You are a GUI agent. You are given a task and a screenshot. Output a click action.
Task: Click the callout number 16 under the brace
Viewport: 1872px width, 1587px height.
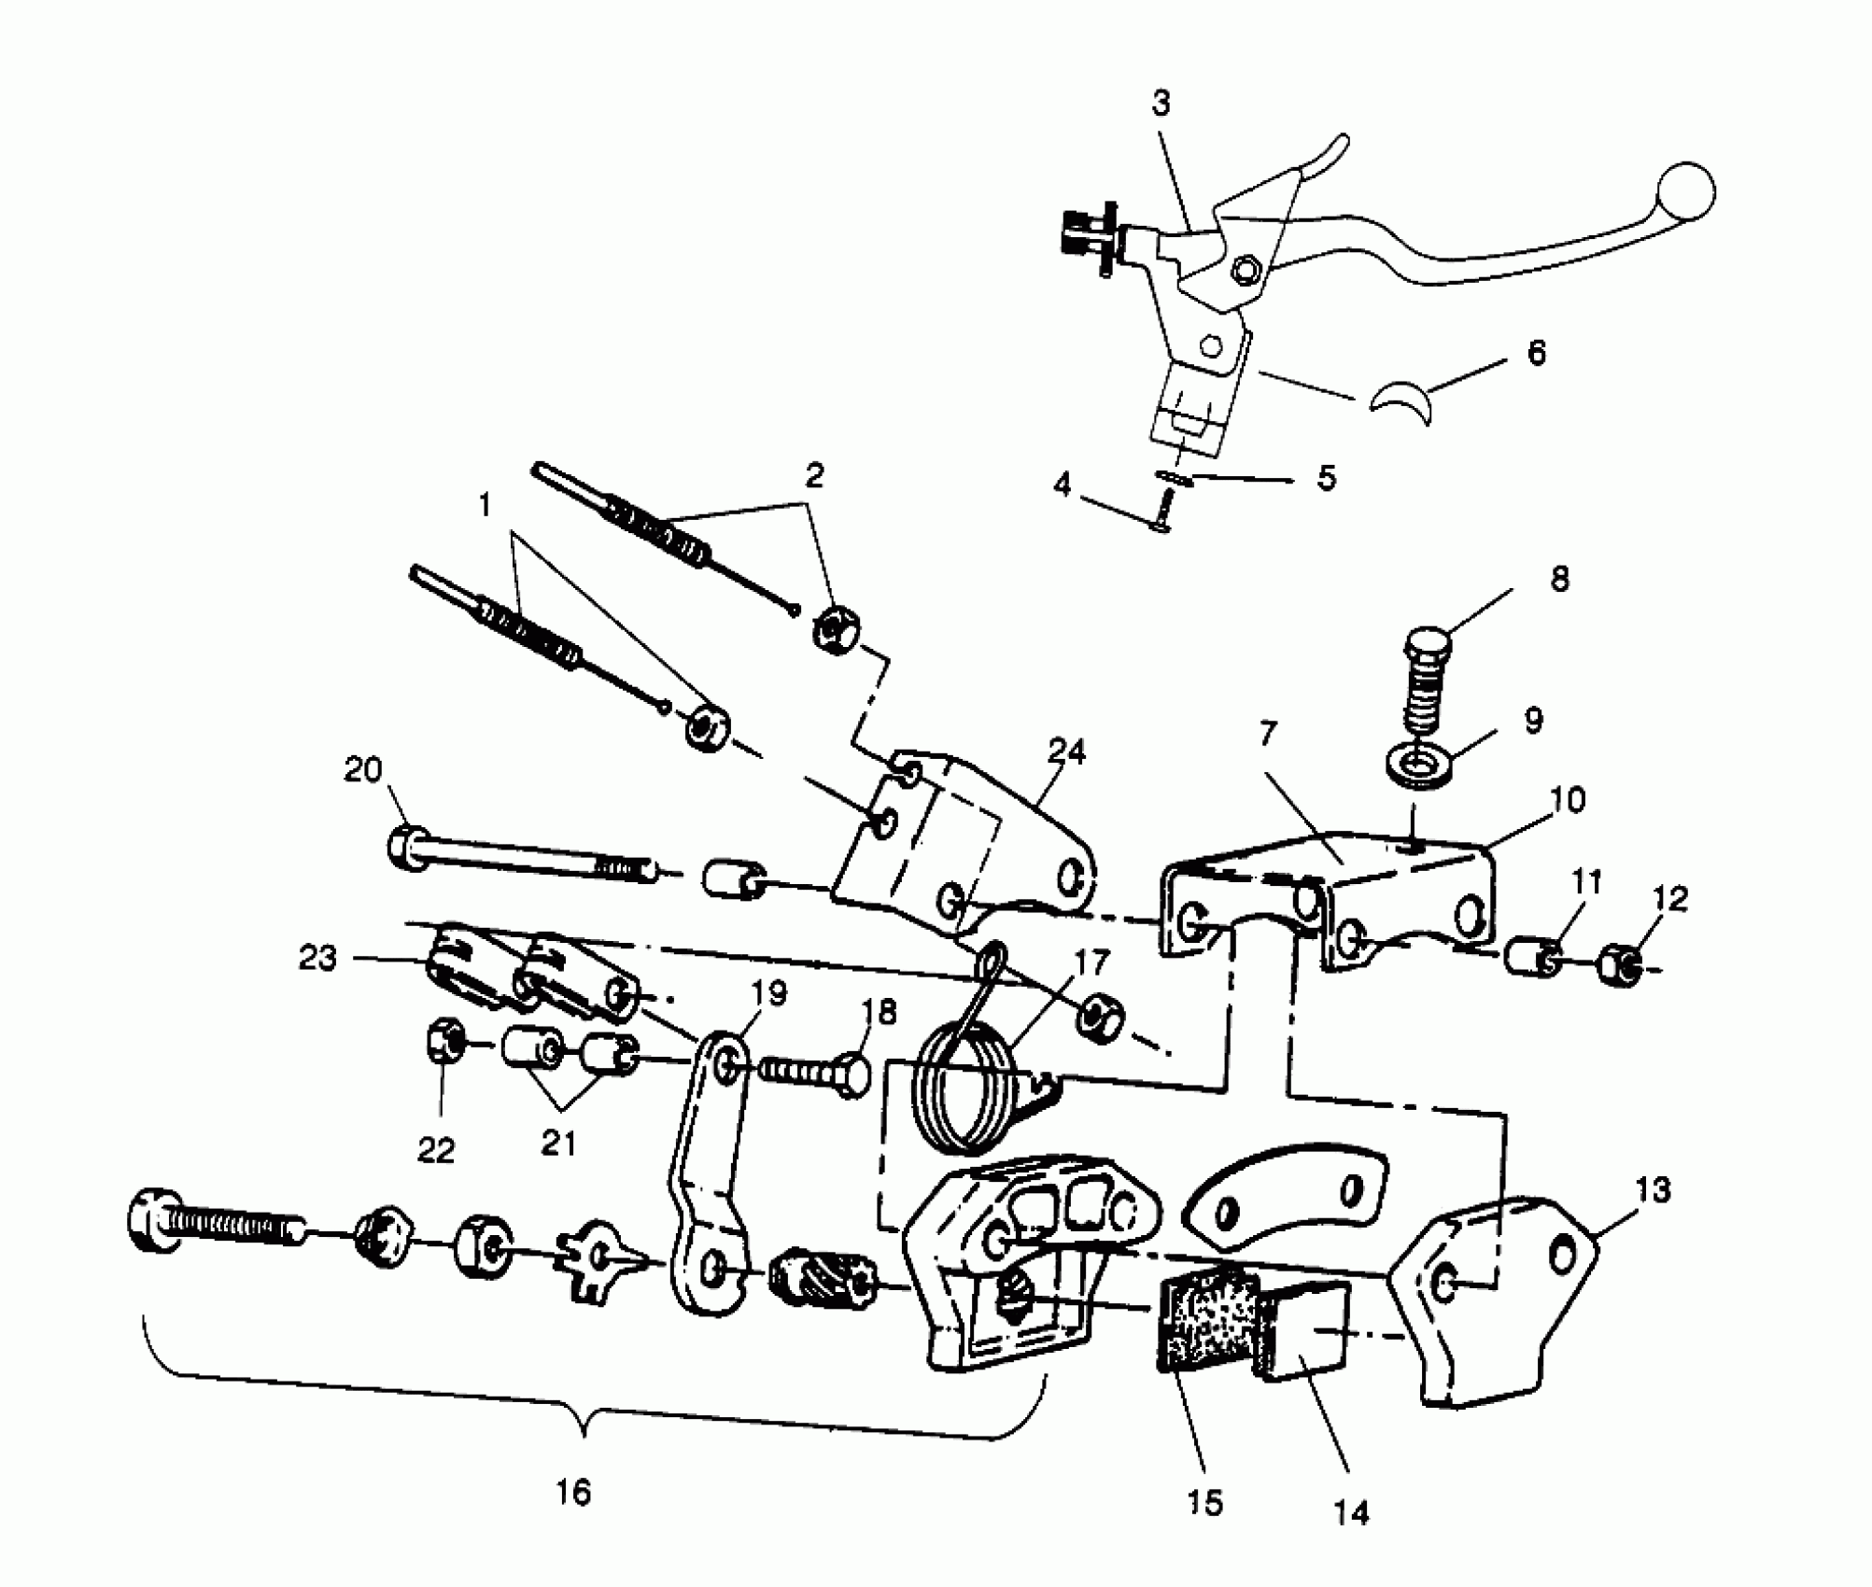pyautogui.click(x=573, y=1492)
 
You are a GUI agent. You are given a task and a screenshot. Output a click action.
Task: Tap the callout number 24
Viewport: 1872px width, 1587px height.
pyautogui.click(x=1067, y=751)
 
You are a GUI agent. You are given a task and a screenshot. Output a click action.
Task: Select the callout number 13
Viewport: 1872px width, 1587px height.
pyautogui.click(x=1653, y=1190)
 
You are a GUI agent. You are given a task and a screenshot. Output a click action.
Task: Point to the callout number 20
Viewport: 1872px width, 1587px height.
pyautogui.click(x=363, y=770)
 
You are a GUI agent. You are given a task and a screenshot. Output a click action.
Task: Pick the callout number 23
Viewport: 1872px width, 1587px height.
pyautogui.click(x=317, y=958)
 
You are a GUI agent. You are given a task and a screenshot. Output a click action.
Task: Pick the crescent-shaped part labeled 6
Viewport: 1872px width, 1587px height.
pyautogui.click(x=1402, y=403)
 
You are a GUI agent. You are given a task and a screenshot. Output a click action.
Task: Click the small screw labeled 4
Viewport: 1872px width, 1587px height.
pyautogui.click(x=1162, y=513)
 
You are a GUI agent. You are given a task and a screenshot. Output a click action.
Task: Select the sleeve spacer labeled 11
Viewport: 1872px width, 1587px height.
pyautogui.click(x=1531, y=958)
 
